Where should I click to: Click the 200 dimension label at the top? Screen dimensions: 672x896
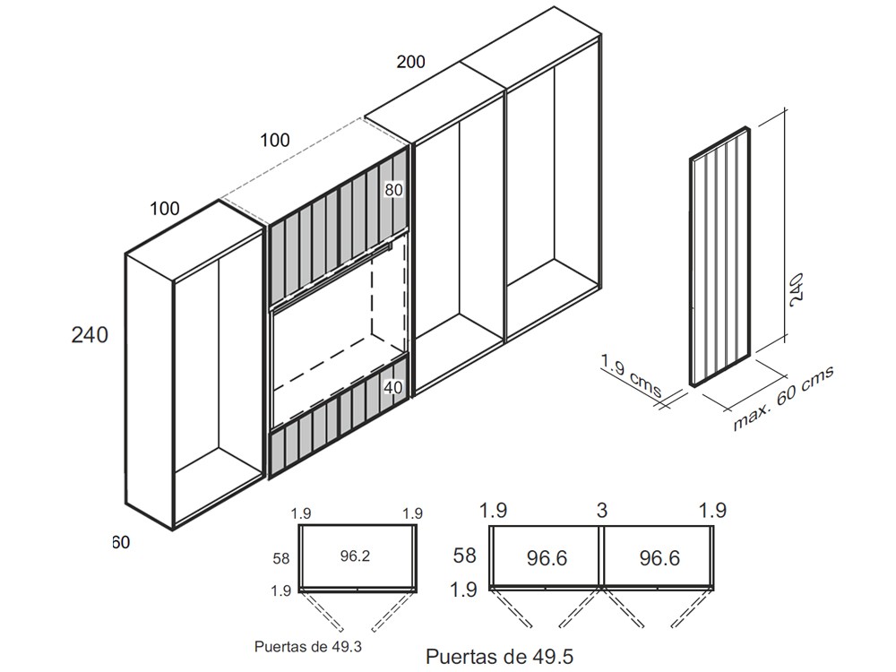pyautogui.click(x=410, y=63)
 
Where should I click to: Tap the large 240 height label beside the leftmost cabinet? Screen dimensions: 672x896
pyautogui.click(x=90, y=335)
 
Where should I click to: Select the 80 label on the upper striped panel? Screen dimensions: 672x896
pyautogui.click(x=394, y=190)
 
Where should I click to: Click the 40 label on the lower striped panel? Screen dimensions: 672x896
pyautogui.click(x=393, y=388)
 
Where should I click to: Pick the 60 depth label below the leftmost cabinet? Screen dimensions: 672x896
pyautogui.click(x=121, y=542)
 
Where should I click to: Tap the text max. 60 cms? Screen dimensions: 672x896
pyautogui.click(x=784, y=399)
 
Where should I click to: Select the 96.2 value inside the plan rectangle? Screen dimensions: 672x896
pyautogui.click(x=355, y=556)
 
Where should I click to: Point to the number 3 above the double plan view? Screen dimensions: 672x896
pyautogui.click(x=602, y=511)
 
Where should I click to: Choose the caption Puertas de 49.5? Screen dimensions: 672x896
pyautogui.click(x=499, y=657)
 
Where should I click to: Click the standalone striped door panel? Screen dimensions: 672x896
pyautogui.click(x=719, y=258)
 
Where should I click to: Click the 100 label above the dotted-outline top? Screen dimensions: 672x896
pyautogui.click(x=275, y=140)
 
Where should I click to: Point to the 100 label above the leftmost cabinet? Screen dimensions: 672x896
pyautogui.click(x=165, y=209)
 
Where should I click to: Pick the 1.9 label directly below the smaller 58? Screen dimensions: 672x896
pyautogui.click(x=281, y=590)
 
